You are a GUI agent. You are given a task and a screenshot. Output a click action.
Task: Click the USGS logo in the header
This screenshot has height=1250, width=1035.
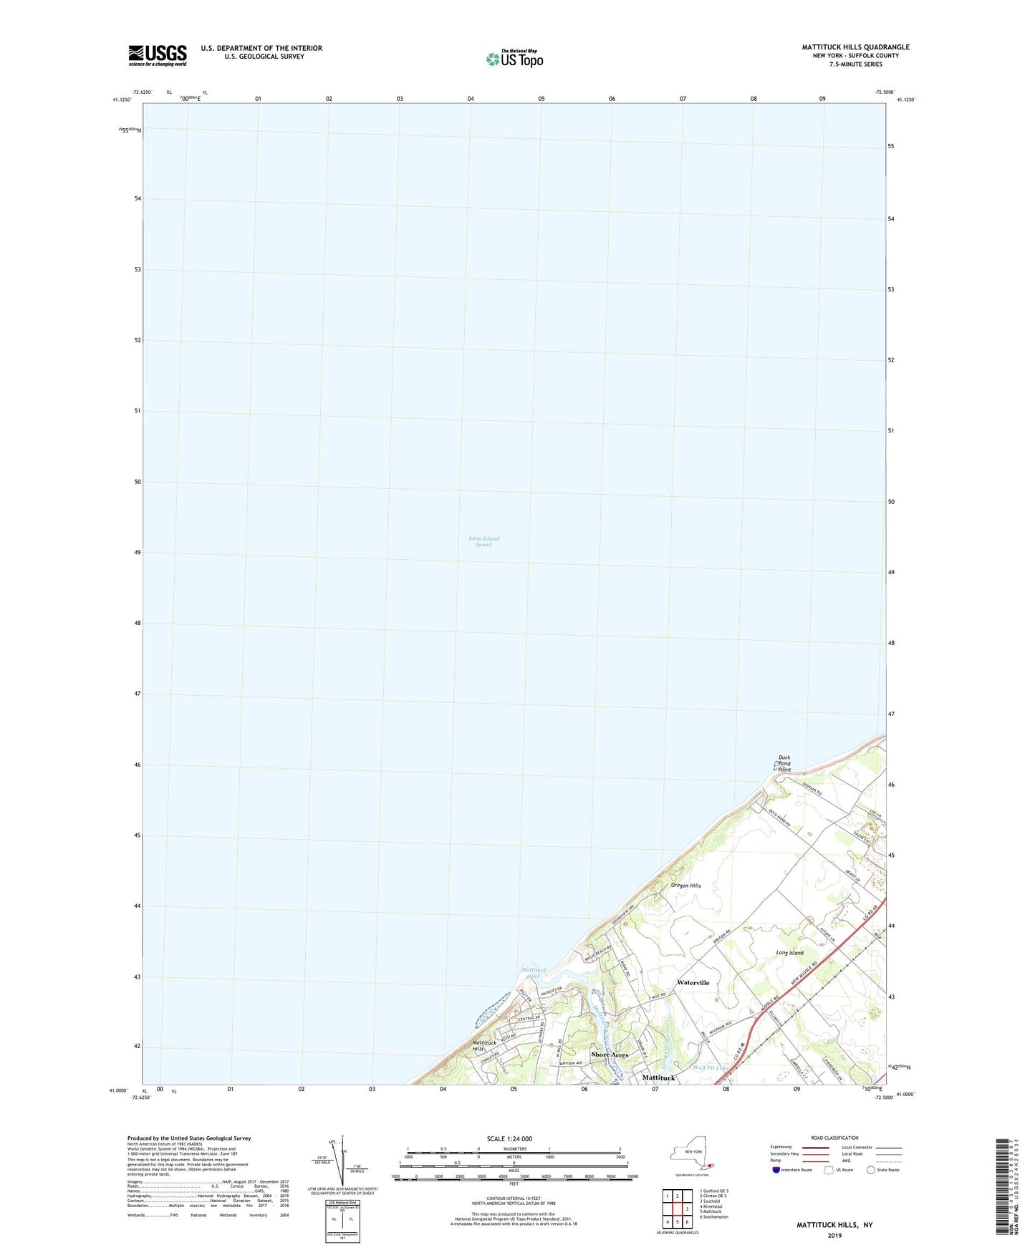pyautogui.click(x=158, y=54)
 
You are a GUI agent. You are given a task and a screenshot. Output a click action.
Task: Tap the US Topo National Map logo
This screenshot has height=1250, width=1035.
pyautogui.click(x=514, y=59)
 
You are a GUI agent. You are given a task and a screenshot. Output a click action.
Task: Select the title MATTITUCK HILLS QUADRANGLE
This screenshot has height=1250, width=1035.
pyautogui.click(x=855, y=47)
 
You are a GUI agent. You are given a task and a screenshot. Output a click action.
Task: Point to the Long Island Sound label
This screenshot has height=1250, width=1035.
pyautogui.click(x=483, y=541)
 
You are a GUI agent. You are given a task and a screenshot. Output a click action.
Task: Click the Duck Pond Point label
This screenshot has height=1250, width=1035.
pyautogui.click(x=784, y=764)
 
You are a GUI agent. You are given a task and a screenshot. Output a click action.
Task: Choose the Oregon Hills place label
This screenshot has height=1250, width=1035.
pyautogui.click(x=685, y=886)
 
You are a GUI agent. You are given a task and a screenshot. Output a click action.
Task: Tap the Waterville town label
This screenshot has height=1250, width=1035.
pyautogui.click(x=693, y=983)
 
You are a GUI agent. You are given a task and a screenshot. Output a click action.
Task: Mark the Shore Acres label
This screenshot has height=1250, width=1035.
pyautogui.click(x=610, y=1055)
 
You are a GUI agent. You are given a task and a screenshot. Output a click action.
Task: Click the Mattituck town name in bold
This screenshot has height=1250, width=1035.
pyautogui.click(x=658, y=1077)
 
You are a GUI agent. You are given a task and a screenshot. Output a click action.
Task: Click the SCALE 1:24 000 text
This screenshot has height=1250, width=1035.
pyautogui.click(x=509, y=1139)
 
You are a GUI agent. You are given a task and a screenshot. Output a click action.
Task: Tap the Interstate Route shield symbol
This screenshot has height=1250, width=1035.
pyautogui.click(x=777, y=1170)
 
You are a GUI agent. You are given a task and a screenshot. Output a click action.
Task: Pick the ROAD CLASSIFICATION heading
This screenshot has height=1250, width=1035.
pyautogui.click(x=834, y=1138)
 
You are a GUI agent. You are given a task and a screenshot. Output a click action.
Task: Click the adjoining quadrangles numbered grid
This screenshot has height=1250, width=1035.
pyautogui.click(x=676, y=1208)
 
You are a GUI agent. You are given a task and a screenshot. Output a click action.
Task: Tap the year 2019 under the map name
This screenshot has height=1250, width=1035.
pyautogui.click(x=834, y=1235)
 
